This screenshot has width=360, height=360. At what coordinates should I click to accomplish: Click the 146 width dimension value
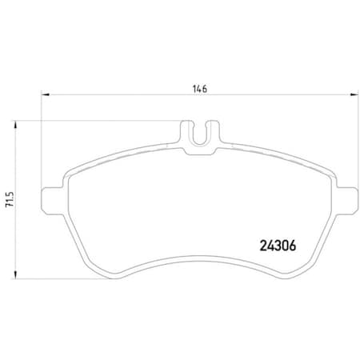click(199, 89)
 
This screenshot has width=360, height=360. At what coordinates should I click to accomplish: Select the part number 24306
click(277, 247)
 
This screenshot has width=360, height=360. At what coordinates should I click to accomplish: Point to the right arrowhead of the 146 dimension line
click(354, 95)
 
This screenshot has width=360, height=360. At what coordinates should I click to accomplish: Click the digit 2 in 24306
click(262, 247)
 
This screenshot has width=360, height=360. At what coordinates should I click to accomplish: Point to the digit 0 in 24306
click(284, 247)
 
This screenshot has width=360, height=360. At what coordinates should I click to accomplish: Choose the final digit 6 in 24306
click(292, 247)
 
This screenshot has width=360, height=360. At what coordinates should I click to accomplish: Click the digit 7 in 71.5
click(10, 207)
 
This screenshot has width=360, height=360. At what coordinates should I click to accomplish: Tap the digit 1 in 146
click(194, 89)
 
